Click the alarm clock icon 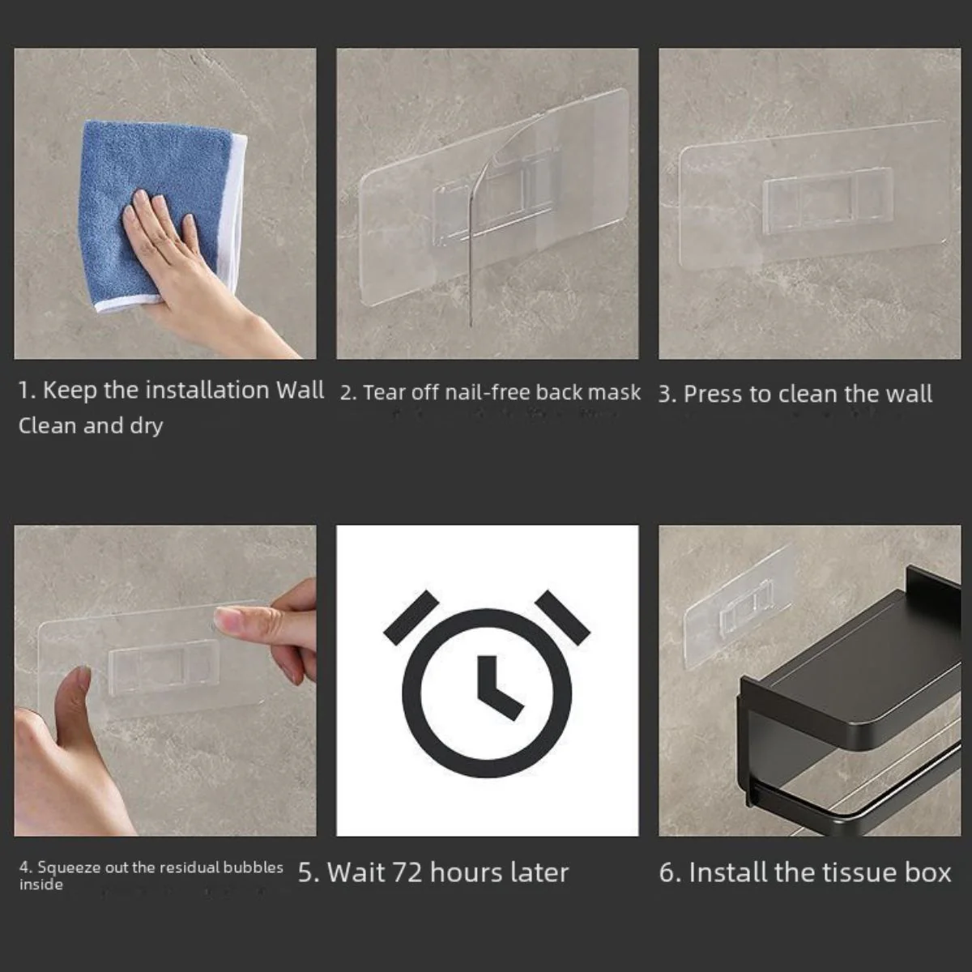point(487,682)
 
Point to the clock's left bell point(411,617)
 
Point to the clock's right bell point(562,617)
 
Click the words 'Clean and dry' point(91,426)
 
